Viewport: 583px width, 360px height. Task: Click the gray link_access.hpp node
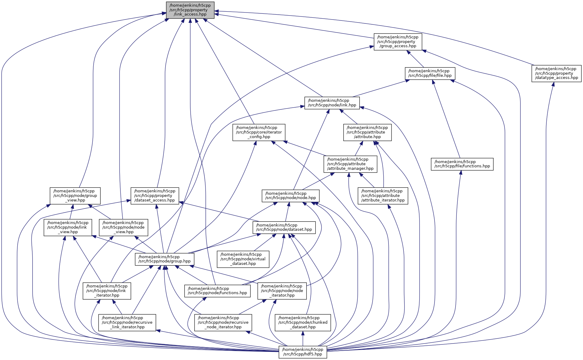pyautogui.click(x=190, y=10)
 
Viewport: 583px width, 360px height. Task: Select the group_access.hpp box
pyautogui.click(x=398, y=42)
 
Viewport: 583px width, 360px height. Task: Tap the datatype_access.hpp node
pyautogui.click(x=556, y=73)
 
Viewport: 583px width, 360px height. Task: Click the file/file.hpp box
pyautogui.click(x=430, y=73)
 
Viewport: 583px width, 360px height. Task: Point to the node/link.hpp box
pyautogui.click(x=332, y=103)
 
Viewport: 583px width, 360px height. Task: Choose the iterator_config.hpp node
pyautogui.click(x=259, y=132)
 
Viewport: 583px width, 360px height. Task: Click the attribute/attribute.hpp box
pyautogui.click(x=367, y=132)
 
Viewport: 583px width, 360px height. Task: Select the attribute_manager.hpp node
pyautogui.click(x=350, y=164)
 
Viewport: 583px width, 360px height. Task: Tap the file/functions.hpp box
pyautogui.click(x=462, y=164)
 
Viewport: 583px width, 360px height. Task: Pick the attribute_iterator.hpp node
pyautogui.click(x=383, y=196)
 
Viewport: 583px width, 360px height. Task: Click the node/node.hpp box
pyautogui.click(x=291, y=196)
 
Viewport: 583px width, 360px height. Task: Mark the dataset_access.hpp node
pyautogui.click(x=155, y=196)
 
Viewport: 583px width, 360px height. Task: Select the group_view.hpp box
pyautogui.click(x=75, y=196)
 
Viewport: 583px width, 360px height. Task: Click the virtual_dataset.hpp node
pyautogui.click(x=243, y=259)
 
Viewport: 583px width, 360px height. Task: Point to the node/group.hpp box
pyautogui.click(x=164, y=259)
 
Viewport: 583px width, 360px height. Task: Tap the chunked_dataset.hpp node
pyautogui.click(x=303, y=323)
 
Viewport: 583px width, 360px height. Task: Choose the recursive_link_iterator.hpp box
pyautogui.click(x=127, y=323)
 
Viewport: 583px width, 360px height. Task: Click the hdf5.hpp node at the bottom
pyautogui.click(x=302, y=352)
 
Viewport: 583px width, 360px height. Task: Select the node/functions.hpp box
pyautogui.click(x=217, y=291)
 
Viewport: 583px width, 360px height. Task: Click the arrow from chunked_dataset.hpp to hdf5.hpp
pyautogui.click(x=303, y=338)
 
